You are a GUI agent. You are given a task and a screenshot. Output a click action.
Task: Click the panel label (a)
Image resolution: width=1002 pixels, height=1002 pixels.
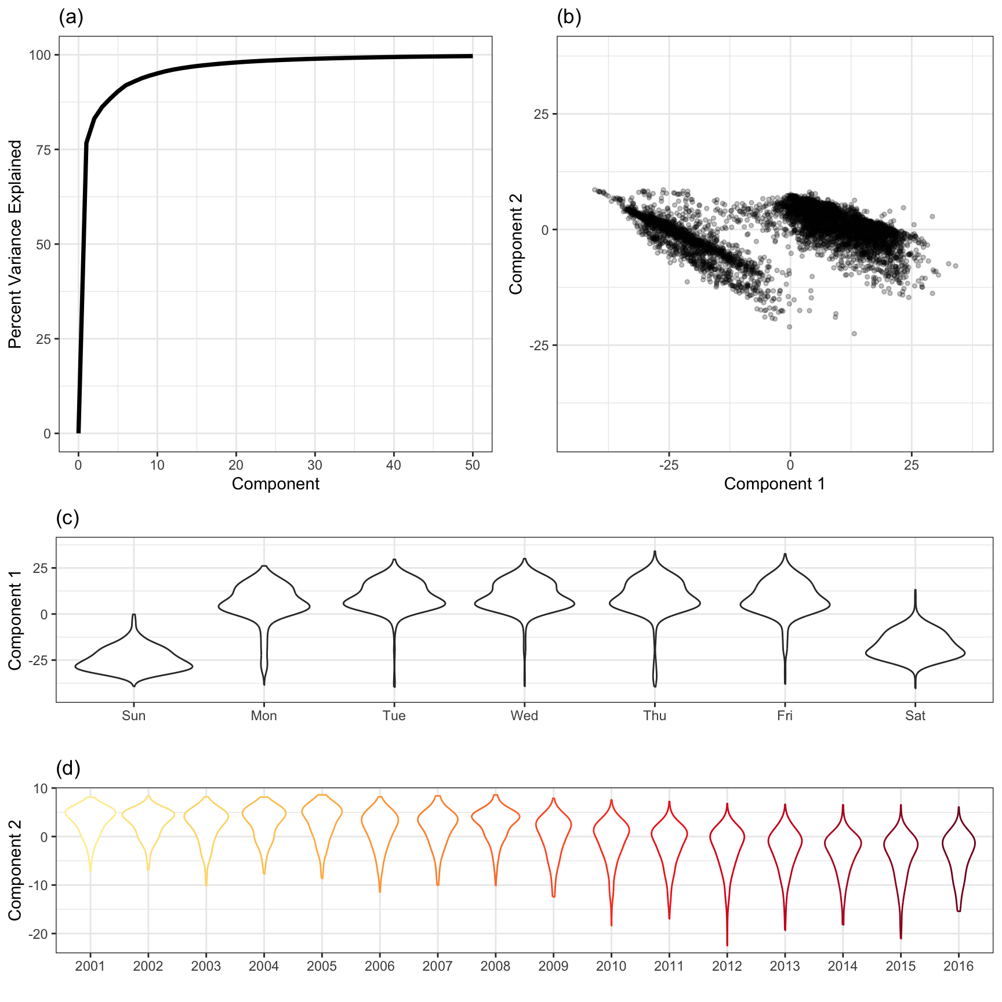click(x=71, y=17)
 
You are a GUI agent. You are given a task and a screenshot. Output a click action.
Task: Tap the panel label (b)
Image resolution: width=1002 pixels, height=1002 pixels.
click(x=569, y=17)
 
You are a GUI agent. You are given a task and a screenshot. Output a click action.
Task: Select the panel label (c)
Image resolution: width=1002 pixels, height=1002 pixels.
click(x=67, y=518)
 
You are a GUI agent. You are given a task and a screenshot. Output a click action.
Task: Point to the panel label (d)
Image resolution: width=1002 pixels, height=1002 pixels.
click(x=68, y=768)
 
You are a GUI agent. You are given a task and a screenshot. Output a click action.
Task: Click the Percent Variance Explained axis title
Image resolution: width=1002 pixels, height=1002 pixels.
click(x=15, y=244)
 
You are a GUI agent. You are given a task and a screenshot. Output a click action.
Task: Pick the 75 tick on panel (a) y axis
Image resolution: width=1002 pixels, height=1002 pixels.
click(x=43, y=150)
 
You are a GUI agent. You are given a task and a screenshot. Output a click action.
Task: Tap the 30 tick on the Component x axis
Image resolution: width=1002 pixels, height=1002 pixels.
click(x=315, y=465)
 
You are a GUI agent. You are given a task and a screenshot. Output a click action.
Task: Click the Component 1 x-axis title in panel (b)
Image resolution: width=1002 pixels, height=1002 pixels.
click(x=774, y=484)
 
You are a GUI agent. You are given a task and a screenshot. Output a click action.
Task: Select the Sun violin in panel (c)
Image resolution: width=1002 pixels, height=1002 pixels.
click(x=134, y=661)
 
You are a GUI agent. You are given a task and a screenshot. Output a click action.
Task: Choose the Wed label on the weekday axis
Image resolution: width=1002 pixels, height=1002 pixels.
click(x=524, y=716)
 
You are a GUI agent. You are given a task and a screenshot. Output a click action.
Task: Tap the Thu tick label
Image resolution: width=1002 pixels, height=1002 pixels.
click(x=655, y=716)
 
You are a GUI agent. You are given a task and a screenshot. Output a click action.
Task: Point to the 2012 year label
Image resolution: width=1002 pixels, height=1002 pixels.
click(x=727, y=966)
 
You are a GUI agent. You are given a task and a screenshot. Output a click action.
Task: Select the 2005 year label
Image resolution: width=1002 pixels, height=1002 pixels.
click(x=322, y=966)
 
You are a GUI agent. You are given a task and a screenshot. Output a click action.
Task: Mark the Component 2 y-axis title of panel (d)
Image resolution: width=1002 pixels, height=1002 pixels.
click(x=15, y=870)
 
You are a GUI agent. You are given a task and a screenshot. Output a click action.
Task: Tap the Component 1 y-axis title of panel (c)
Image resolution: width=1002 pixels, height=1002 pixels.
click(x=15, y=620)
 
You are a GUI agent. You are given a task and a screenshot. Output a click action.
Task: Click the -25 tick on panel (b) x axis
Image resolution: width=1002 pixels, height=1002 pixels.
click(x=668, y=465)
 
